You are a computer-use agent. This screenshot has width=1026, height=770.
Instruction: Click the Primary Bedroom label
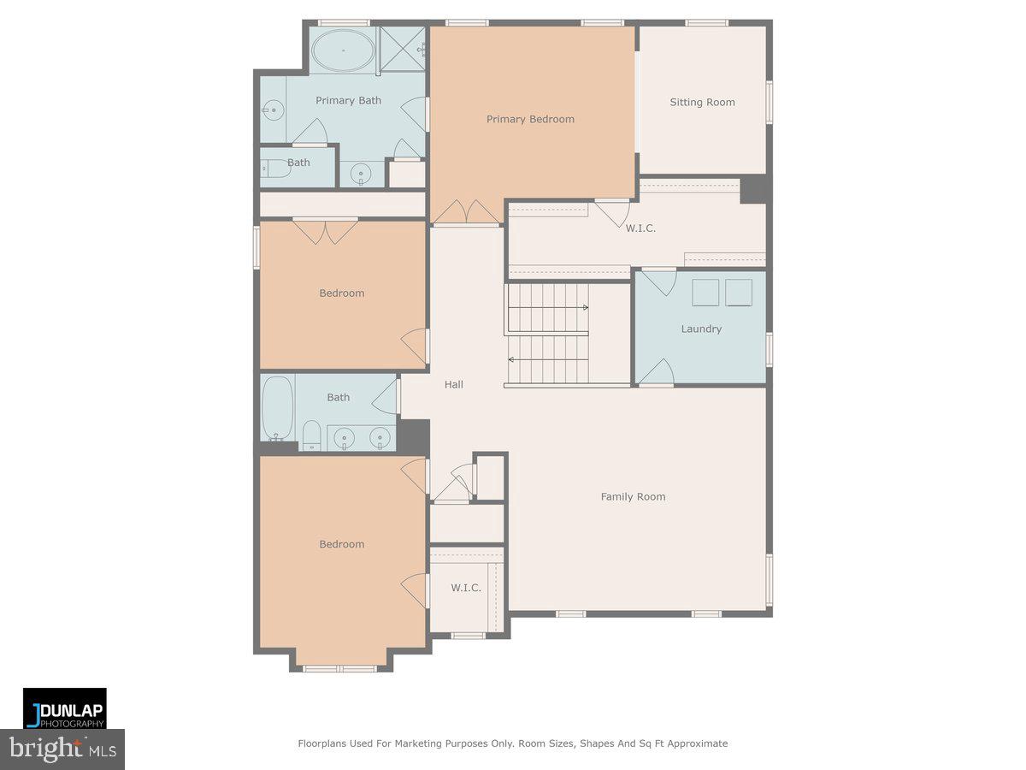point(530,119)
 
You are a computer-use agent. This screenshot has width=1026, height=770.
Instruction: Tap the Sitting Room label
point(702,102)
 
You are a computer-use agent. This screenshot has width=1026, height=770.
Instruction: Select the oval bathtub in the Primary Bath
point(342,50)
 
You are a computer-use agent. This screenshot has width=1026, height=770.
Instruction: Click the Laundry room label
point(701,329)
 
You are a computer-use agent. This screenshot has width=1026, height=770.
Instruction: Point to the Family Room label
point(633,496)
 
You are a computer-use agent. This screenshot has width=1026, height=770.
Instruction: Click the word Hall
point(454,384)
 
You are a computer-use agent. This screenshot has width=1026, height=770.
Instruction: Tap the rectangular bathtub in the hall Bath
point(277,408)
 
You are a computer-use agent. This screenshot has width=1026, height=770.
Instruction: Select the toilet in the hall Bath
point(311,435)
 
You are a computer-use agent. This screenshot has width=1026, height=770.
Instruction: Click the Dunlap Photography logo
point(65,708)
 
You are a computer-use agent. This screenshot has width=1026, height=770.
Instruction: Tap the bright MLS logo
point(62,749)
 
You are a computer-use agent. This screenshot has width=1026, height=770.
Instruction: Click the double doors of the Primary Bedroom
point(467,212)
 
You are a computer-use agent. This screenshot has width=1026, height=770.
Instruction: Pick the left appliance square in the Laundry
point(705,293)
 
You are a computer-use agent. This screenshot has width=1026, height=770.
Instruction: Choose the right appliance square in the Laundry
point(739,293)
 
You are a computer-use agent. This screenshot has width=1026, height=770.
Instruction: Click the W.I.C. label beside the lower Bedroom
point(466,588)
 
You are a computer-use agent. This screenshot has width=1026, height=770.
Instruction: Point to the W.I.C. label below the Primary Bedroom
point(640,228)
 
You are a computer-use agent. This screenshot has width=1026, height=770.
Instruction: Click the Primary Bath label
point(348,100)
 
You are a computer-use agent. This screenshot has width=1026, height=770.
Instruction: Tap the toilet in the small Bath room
point(276,169)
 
